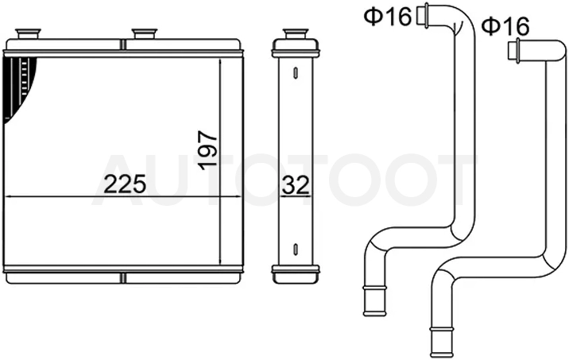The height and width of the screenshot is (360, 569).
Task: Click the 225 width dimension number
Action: click(x=125, y=184)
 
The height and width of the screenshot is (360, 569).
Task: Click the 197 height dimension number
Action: click(x=208, y=150)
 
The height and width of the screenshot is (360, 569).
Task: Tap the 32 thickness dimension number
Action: click(x=296, y=184)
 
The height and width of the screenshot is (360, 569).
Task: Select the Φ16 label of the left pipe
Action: click(x=388, y=17)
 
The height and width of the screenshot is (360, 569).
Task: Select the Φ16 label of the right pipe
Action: click(x=505, y=26)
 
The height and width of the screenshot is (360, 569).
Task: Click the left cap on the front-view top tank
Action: click(x=28, y=33)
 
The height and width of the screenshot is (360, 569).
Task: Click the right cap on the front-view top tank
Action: click(x=145, y=33)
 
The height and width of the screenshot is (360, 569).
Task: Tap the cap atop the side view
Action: click(x=296, y=33)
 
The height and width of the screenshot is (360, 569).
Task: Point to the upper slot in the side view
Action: click(x=296, y=72)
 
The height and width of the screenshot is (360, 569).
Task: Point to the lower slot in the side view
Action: click(x=296, y=249)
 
